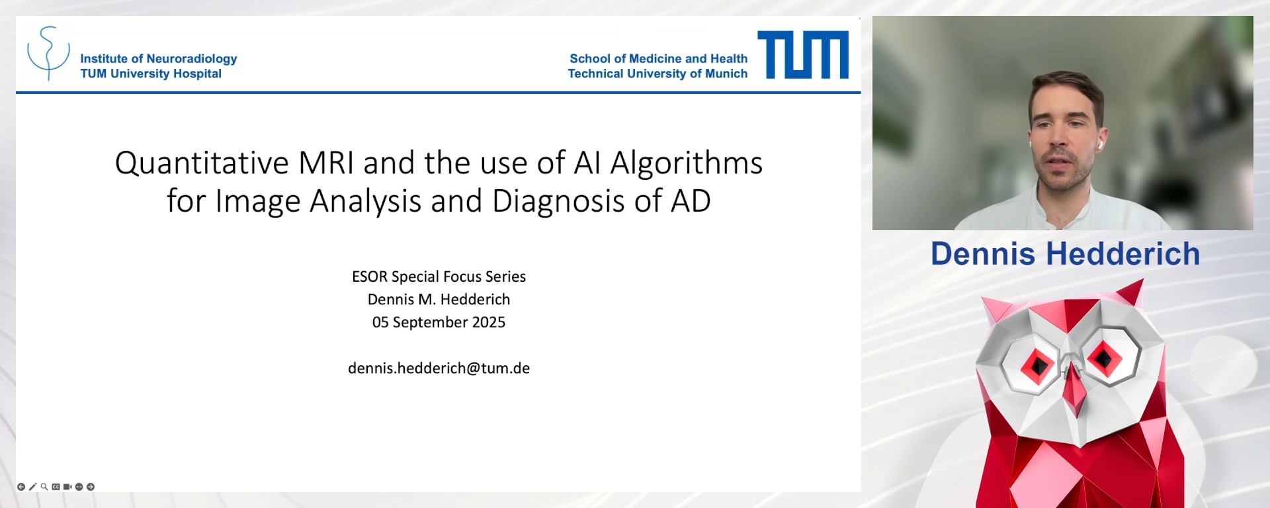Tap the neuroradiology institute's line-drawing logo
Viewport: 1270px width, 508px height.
pos(48,53)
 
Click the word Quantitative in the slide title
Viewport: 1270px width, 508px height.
pos(202,163)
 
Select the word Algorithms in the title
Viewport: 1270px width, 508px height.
pos(686,163)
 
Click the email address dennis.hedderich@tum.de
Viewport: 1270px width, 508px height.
pos(439,368)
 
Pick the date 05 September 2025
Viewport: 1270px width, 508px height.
pos(439,322)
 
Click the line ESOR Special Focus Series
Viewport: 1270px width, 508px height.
pos(439,276)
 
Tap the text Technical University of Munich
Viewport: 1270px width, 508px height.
pos(657,73)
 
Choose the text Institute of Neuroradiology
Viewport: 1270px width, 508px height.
pos(158,58)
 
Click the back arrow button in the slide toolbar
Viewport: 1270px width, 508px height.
pos(21,487)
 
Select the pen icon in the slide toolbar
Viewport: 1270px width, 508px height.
pos(32,487)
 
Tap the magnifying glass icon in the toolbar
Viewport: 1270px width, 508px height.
pos(44,487)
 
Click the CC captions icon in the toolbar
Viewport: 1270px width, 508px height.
pos(56,487)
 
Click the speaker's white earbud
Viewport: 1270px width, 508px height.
pos(1100,143)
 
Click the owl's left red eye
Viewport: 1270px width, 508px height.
pos(1037,364)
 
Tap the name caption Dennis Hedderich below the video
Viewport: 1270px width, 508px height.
pos(1065,254)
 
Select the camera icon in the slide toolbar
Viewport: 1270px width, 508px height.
pos(67,487)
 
